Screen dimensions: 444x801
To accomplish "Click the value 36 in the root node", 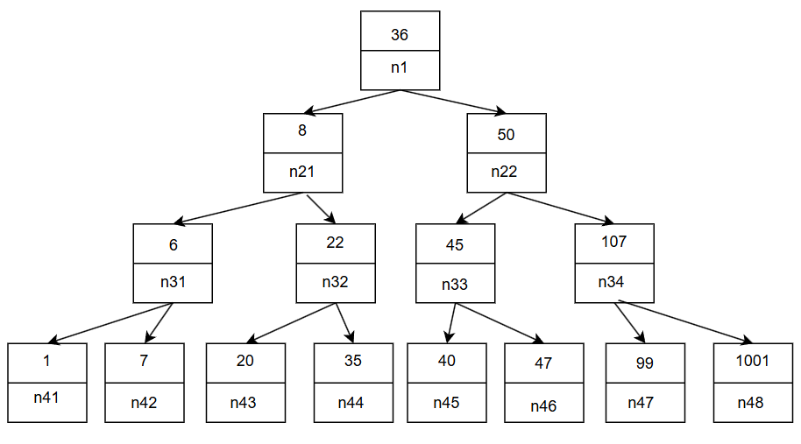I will (x=400, y=35).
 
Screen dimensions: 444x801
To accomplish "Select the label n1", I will (x=400, y=67).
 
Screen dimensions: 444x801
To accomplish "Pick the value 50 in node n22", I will (x=506, y=135).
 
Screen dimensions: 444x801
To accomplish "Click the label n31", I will (x=173, y=282).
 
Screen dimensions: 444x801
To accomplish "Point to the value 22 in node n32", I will (x=335, y=243).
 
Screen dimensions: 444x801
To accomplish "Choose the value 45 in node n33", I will (x=455, y=245).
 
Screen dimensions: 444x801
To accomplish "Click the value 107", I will (x=614, y=241).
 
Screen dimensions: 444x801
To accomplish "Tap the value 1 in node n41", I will (x=46, y=361).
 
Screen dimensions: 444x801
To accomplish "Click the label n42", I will (x=145, y=403).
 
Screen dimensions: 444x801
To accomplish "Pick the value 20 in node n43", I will (x=245, y=361).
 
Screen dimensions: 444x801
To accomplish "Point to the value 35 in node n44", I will (x=353, y=361).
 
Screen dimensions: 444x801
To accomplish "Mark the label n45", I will (x=446, y=403).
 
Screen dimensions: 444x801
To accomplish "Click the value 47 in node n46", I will (x=543, y=363).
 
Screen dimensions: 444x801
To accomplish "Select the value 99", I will (x=644, y=363).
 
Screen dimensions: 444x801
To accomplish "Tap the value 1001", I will (x=752, y=361).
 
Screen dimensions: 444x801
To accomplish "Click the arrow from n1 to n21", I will (x=351, y=102).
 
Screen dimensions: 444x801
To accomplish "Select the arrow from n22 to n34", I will (x=559, y=208).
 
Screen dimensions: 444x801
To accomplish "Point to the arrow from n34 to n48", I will (x=684, y=322).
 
